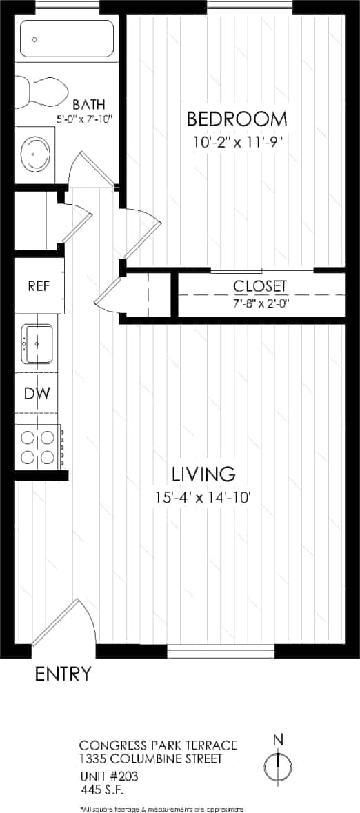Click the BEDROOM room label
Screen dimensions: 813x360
237,119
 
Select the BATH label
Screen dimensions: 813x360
89,105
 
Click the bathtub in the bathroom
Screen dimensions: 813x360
66,38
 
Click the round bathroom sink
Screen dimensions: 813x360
36,155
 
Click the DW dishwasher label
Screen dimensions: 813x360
36,393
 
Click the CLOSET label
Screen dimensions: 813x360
259,285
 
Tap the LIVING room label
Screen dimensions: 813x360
203,474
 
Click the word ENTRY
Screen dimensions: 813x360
63,674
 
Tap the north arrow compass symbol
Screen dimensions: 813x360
278,764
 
